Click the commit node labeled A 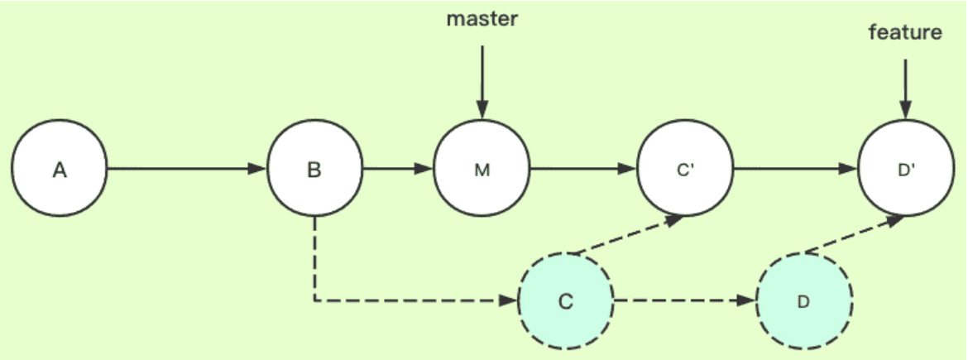(60, 170)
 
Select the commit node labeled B (314, 170)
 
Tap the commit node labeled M (482, 170)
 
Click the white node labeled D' (905, 170)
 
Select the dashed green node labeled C (565, 300)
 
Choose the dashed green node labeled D (804, 300)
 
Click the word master (482, 19)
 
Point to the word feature (905, 33)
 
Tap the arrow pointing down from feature (905, 89)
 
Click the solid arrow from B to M (398, 170)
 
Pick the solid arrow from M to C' (582, 170)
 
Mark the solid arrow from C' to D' (794, 170)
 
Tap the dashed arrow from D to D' (852, 235)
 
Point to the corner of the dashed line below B (314, 300)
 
